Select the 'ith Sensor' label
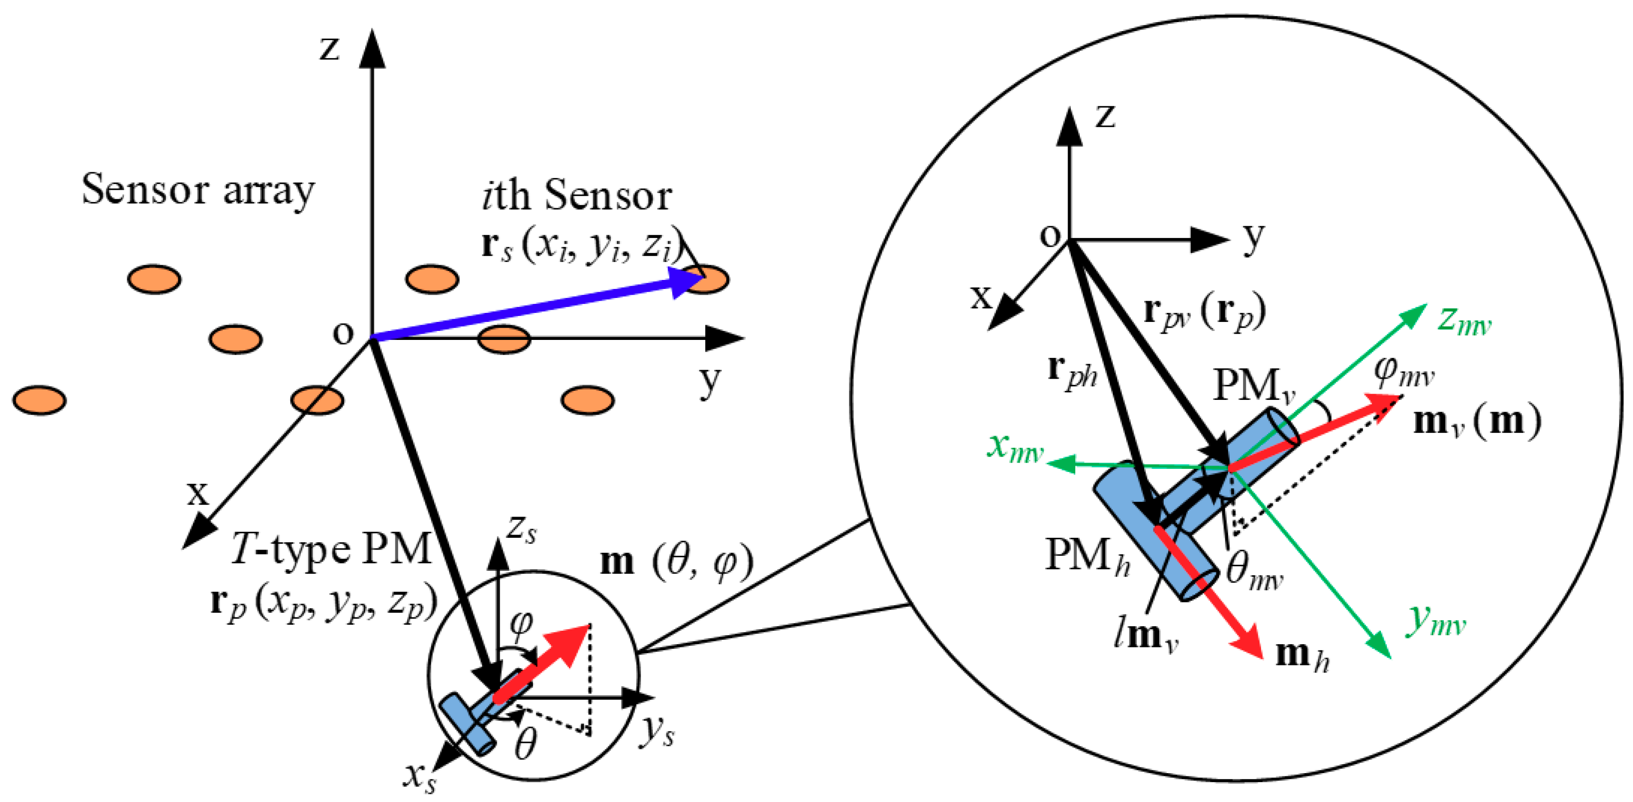576,195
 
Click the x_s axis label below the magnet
420,777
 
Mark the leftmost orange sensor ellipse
39,400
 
